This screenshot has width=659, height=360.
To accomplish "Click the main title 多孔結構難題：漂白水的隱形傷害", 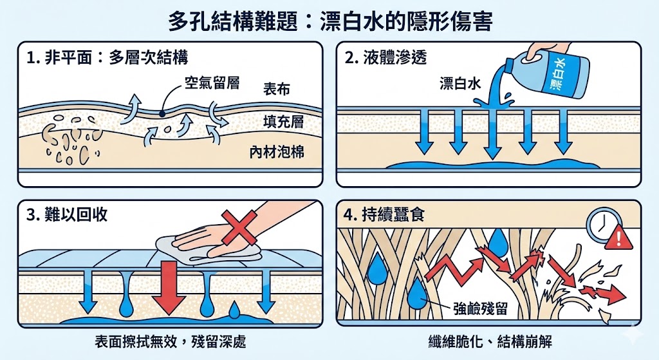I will (329, 21).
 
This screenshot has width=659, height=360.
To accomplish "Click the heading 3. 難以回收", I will (68, 215).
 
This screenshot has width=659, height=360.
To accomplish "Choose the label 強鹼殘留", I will (476, 308).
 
